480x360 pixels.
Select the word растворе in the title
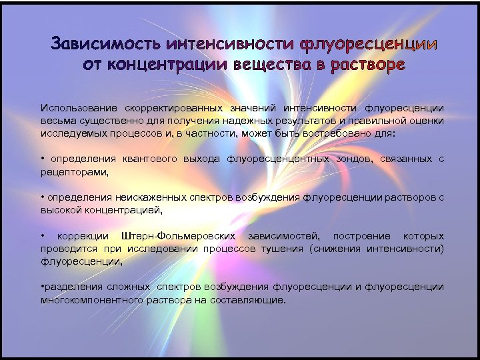tap(363, 65)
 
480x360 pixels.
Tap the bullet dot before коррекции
tap(43, 237)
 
